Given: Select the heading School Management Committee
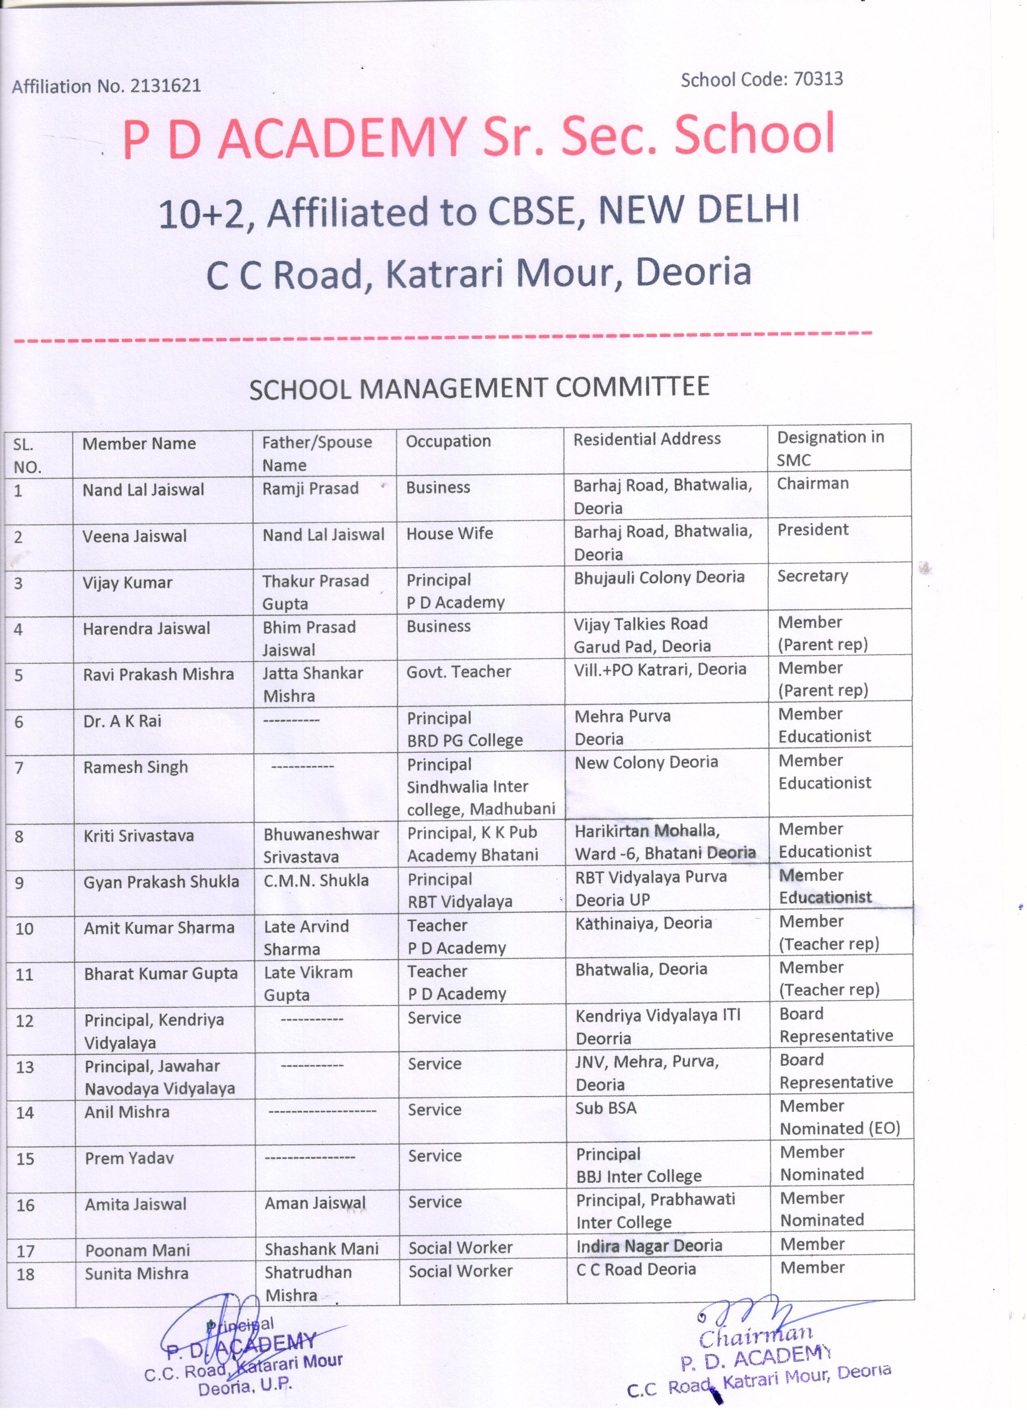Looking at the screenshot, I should (x=479, y=388).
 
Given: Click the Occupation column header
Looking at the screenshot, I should (x=448, y=441).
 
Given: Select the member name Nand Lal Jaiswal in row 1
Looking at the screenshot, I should (x=143, y=490).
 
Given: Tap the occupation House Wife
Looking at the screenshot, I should (x=449, y=534).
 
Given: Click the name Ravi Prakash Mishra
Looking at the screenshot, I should (x=158, y=674).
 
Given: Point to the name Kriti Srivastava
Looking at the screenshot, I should (x=139, y=836).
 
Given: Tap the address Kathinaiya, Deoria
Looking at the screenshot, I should (x=643, y=923).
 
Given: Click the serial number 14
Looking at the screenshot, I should (x=25, y=1113).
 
